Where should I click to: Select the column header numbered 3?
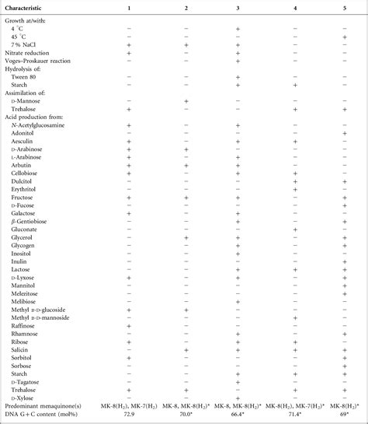click(237, 7)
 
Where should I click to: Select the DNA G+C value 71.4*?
click(295, 415)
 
